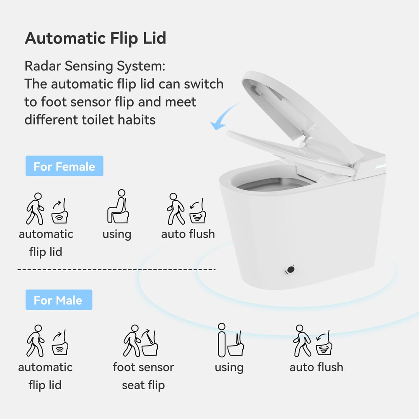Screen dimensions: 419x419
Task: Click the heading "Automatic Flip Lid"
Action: [96, 38]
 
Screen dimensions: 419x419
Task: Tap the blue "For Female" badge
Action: [64, 166]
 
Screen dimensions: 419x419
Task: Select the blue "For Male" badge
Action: [58, 300]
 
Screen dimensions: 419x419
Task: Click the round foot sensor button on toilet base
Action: [290, 269]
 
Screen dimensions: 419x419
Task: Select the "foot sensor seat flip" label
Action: [143, 376]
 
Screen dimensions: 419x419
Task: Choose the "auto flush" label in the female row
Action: [188, 234]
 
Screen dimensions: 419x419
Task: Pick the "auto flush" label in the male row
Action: [316, 367]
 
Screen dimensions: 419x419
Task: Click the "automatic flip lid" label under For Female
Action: [46, 243]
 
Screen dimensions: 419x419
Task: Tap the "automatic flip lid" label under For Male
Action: [45, 376]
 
